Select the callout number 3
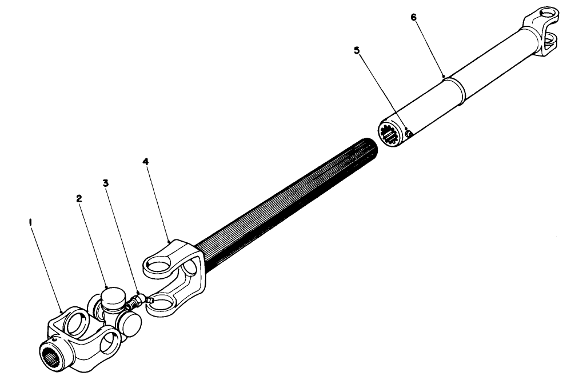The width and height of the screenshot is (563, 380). (106, 183)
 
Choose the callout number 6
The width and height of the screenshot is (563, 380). (414, 17)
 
